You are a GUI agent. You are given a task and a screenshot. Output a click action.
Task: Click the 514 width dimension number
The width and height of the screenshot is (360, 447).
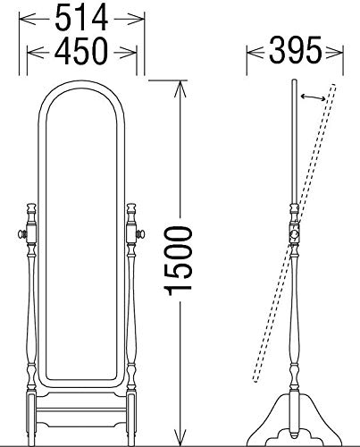81,19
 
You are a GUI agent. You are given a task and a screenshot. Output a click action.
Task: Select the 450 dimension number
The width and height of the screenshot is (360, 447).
81,51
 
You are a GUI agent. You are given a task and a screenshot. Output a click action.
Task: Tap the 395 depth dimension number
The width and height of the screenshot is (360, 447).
296,50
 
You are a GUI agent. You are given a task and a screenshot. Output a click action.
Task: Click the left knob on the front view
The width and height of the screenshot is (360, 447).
22,234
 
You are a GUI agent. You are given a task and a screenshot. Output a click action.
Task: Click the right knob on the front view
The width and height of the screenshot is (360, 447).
140,234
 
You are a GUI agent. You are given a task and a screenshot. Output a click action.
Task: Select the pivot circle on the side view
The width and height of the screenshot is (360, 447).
294,234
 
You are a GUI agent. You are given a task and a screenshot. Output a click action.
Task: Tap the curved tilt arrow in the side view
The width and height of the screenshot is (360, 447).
313,97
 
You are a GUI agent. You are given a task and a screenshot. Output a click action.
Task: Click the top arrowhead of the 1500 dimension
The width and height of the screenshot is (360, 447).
180,89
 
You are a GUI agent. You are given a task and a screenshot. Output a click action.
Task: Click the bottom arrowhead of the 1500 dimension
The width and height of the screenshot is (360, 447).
180,437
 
